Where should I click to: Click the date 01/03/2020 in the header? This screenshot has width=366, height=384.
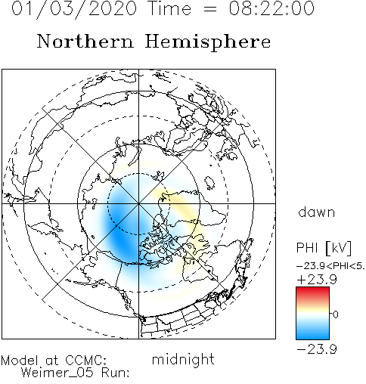(x=74, y=9)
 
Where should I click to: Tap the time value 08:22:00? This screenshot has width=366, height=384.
(x=271, y=8)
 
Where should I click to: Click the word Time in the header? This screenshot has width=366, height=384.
(x=170, y=8)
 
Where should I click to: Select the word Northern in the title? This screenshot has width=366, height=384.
(x=85, y=41)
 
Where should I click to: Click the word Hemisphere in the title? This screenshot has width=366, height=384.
(x=208, y=42)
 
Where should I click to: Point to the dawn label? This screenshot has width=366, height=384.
(x=317, y=212)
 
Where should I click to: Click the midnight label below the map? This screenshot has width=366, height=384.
(x=183, y=359)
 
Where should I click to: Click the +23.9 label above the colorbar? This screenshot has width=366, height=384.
(x=317, y=280)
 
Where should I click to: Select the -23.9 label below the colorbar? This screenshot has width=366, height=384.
(x=317, y=349)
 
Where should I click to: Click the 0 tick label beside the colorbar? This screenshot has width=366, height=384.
(x=335, y=314)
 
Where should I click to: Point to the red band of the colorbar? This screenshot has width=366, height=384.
(x=312, y=293)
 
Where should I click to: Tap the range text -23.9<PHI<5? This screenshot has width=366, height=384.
(x=330, y=266)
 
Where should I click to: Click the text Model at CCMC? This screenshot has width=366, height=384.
(x=54, y=361)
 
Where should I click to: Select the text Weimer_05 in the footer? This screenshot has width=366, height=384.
(x=57, y=372)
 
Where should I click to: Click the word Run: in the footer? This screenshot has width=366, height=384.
(x=116, y=373)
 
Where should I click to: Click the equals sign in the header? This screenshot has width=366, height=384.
(x=210, y=9)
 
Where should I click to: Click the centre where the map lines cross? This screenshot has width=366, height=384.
(x=138, y=203)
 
